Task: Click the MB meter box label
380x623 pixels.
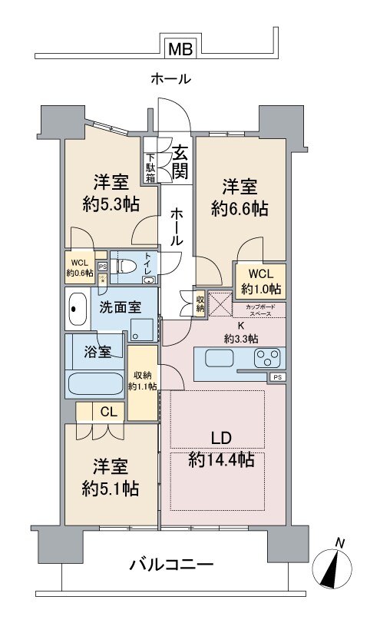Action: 180,50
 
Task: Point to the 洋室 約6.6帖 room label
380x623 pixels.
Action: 240,197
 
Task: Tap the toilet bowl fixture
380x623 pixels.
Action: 125,267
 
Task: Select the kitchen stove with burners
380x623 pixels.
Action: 267,359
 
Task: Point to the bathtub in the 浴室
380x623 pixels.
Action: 94,383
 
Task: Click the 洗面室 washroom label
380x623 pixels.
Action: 119,307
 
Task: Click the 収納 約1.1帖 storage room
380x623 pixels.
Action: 142,382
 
